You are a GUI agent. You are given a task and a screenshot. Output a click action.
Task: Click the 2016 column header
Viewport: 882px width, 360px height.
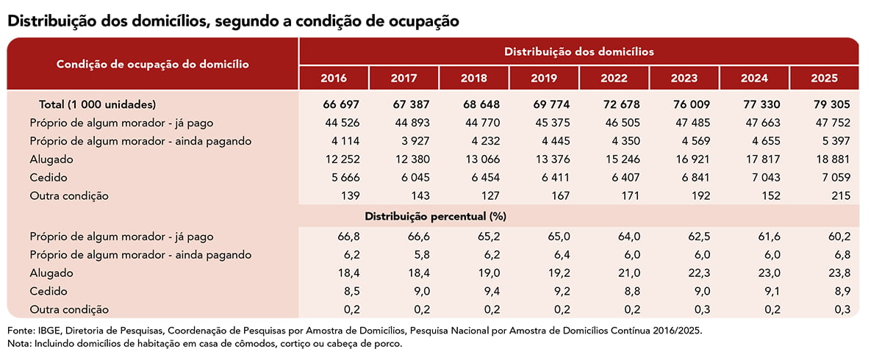click(334, 79)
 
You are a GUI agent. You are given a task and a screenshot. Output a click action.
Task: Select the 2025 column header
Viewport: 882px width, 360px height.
click(824, 79)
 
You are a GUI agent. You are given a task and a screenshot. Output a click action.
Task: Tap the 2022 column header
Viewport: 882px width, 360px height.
click(614, 79)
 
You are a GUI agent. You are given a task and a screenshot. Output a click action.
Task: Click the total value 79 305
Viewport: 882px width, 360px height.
click(828, 104)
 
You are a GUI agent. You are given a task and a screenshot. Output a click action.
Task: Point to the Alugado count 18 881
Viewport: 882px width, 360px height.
click(831, 159)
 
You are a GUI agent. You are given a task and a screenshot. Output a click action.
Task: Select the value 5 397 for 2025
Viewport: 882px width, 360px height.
click(833, 141)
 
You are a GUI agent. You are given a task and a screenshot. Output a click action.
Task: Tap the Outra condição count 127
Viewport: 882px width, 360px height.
click(478, 196)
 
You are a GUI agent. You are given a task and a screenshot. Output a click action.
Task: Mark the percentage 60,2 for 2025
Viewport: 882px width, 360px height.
click(838, 237)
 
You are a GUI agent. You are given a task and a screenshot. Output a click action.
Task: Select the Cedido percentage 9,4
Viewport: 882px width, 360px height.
click(480, 292)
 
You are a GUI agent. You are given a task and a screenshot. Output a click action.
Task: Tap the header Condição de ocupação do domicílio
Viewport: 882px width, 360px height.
click(152, 64)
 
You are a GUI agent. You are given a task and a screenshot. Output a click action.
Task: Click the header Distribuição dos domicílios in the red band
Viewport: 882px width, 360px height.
click(578, 52)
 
